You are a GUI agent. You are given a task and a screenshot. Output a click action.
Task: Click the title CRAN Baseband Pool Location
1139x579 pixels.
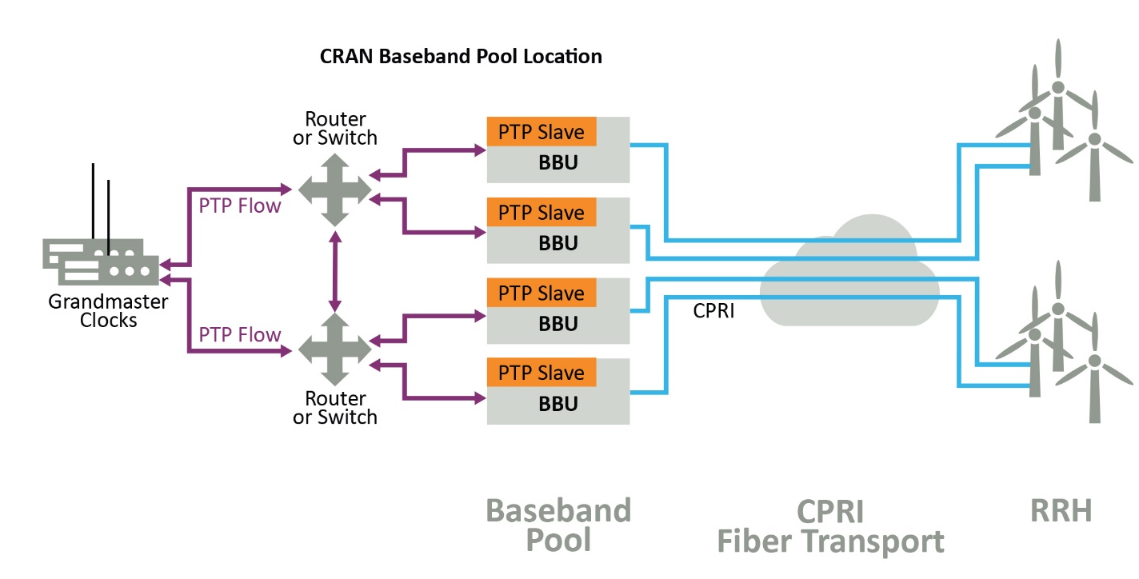point(460,57)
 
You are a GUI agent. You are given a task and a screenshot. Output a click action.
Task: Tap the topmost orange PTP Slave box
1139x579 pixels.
point(542,132)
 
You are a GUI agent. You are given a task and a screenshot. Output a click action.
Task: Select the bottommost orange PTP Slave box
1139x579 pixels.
point(542,373)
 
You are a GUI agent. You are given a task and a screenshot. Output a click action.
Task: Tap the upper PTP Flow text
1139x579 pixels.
point(240,206)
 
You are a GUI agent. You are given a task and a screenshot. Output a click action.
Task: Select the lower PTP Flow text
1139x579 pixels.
point(240,334)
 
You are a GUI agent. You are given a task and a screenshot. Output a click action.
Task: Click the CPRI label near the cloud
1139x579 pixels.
point(713,310)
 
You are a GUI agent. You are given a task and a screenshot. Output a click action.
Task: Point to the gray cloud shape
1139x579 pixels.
point(848,276)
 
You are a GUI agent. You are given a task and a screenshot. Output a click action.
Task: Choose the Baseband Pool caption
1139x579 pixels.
point(558,525)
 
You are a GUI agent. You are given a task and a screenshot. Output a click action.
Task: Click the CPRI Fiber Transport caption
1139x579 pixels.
point(830,526)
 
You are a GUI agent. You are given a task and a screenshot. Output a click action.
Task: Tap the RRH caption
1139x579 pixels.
point(1061,510)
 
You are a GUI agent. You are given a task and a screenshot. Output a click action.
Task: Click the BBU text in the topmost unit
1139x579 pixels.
point(558,163)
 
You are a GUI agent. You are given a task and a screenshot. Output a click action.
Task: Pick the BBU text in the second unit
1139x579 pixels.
point(558,243)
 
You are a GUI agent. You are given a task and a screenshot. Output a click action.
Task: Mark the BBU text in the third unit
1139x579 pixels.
point(558,324)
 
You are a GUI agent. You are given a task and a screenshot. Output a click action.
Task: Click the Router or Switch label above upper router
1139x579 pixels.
point(335,128)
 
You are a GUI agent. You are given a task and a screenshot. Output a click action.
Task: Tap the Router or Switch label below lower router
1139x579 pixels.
point(335,407)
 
